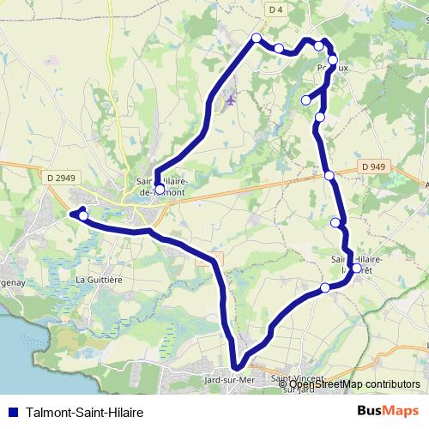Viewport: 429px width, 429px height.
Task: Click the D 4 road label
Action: [275, 9]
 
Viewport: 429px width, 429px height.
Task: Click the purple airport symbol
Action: [230, 102]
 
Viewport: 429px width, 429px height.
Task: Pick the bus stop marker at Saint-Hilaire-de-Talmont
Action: [160, 189]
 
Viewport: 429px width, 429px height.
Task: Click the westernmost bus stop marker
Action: [83, 215]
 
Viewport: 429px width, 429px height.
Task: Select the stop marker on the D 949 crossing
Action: [329, 175]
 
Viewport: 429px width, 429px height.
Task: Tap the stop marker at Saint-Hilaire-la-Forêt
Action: [357, 269]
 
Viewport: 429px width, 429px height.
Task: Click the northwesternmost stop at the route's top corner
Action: [256, 37]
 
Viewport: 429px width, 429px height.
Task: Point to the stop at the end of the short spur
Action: [305, 100]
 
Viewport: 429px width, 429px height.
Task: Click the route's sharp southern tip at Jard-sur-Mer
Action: [237, 369]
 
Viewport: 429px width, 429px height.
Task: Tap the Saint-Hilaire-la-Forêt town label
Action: [356, 262]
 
